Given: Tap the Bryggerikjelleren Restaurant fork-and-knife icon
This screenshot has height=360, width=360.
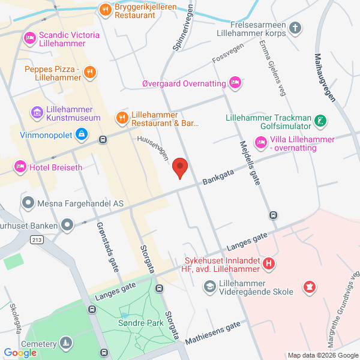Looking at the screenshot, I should click(105, 9).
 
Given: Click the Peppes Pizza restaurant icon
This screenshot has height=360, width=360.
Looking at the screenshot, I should click(89, 73).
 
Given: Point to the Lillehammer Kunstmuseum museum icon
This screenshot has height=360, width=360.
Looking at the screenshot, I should click(37, 112).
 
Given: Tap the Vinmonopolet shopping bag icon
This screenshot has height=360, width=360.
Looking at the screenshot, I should click(80, 134).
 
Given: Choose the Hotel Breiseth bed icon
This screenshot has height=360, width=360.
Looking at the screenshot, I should click(20, 165).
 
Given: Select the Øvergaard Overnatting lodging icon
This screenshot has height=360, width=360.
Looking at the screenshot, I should click(235, 83).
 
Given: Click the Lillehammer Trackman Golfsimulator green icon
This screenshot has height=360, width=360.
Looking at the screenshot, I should click(322, 122).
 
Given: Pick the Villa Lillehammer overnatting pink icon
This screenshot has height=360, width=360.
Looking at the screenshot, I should click(260, 142).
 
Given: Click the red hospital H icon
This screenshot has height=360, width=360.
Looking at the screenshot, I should click(269, 263).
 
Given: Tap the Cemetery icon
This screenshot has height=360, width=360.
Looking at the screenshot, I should click(64, 344).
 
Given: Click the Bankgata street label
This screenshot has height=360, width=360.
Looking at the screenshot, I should click(218, 175).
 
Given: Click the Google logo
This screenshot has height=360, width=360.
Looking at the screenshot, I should click(20, 353).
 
